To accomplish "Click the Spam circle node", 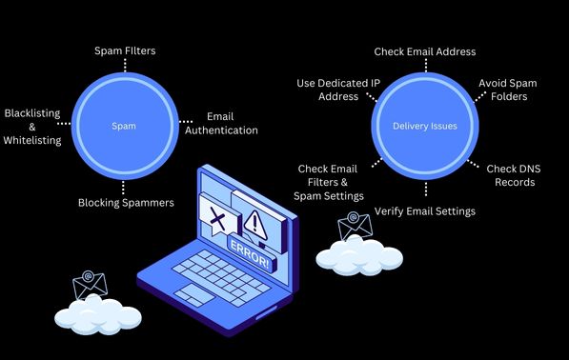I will pos(125,124).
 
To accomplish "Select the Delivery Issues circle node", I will pos(425,125).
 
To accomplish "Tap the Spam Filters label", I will pos(125,50).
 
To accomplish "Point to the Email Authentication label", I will pos(221,123).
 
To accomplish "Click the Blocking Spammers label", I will pos(126,202).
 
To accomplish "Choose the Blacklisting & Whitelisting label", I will pos(31,126).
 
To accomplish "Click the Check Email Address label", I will pos(424,51).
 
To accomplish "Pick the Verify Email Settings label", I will pos(424,210).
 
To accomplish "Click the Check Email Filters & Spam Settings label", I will pos(331,182).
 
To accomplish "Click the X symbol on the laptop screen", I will pos(218,220).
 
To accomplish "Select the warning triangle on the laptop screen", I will pos(255,224).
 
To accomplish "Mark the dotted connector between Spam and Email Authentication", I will pos(188,123).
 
